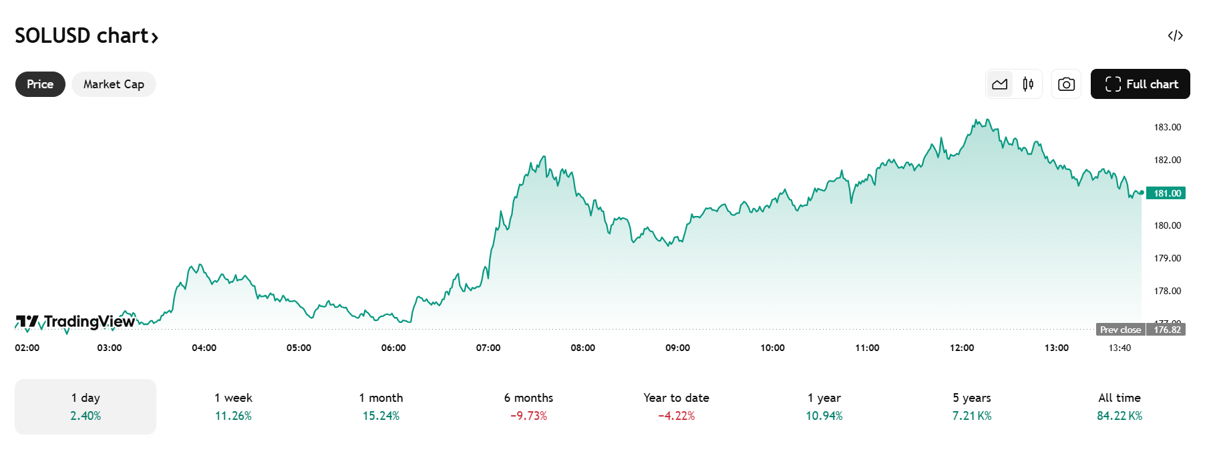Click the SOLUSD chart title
point(86,35)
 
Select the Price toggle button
point(40,84)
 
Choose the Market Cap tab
point(114,84)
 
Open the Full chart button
point(1140,84)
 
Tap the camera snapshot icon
point(1066,84)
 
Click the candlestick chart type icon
point(1028,84)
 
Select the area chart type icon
point(1000,84)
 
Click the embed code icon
point(1175,35)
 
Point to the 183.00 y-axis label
point(1167,127)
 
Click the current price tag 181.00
point(1166,193)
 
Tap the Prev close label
point(1120,330)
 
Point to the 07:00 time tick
point(488,348)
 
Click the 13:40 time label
point(1119,348)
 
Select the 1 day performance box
point(85,407)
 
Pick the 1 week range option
point(233,407)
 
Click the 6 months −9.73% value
point(528,416)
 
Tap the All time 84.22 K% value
point(1119,416)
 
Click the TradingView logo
point(75,322)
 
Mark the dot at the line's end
point(1142,193)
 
